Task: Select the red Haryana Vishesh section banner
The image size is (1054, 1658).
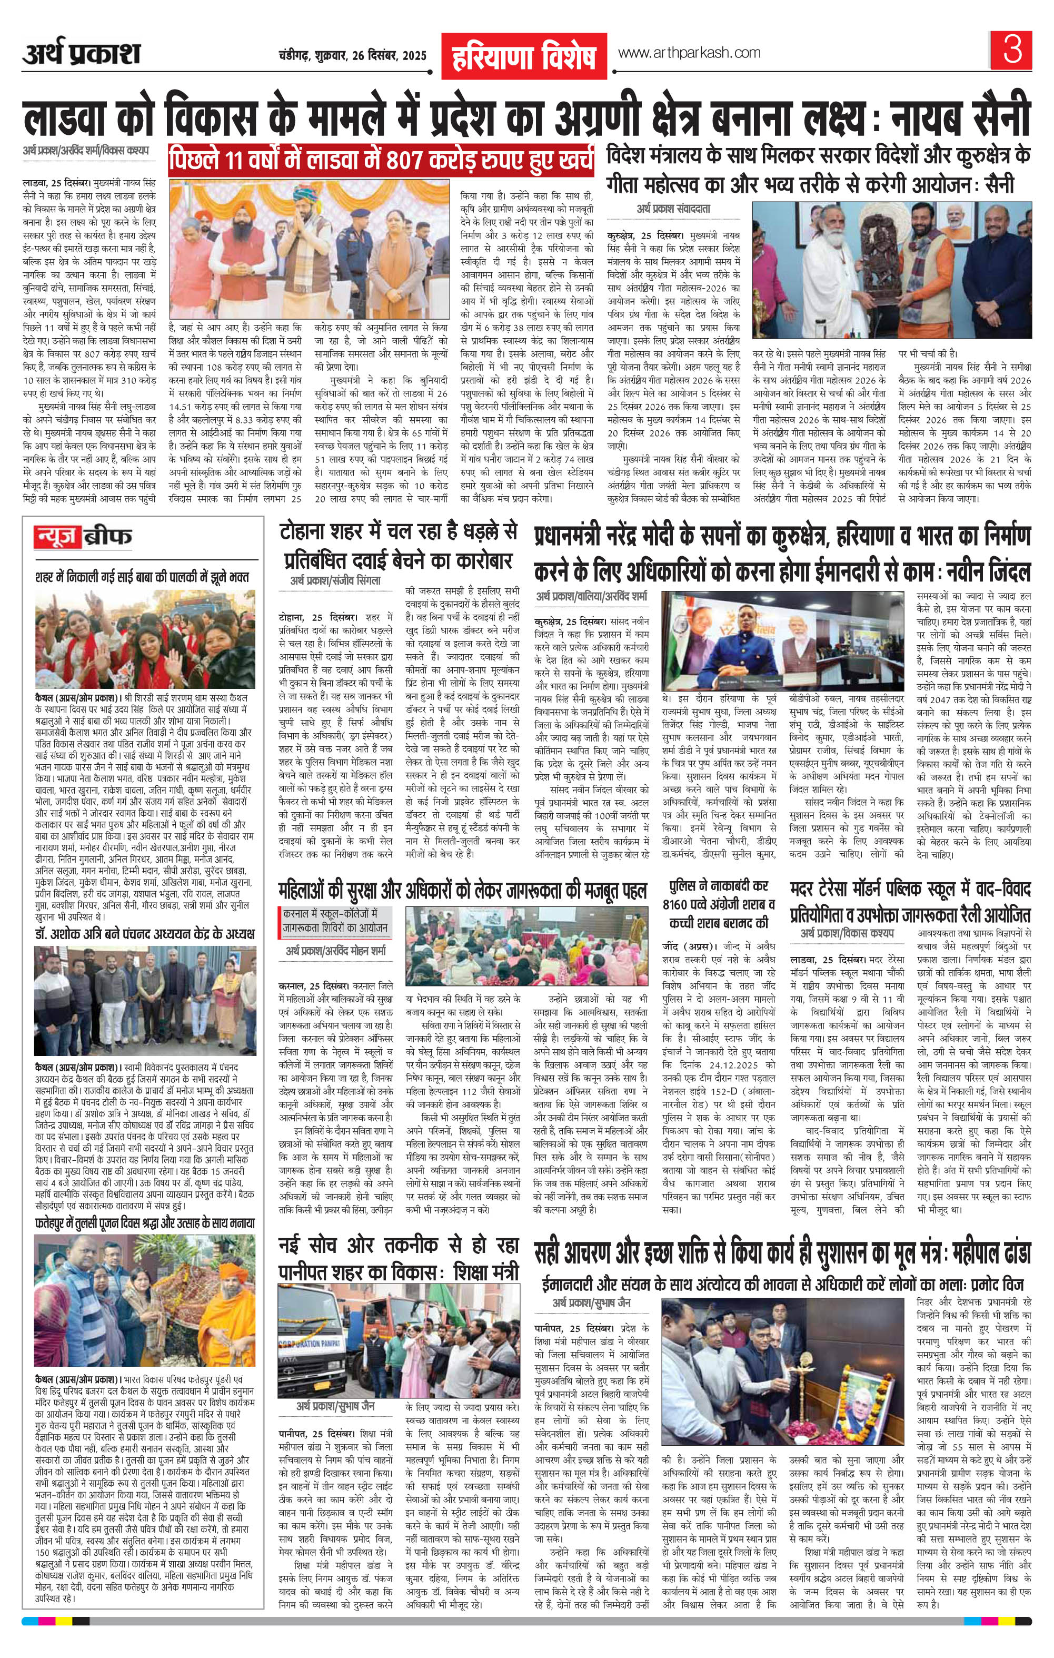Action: click(523, 58)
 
